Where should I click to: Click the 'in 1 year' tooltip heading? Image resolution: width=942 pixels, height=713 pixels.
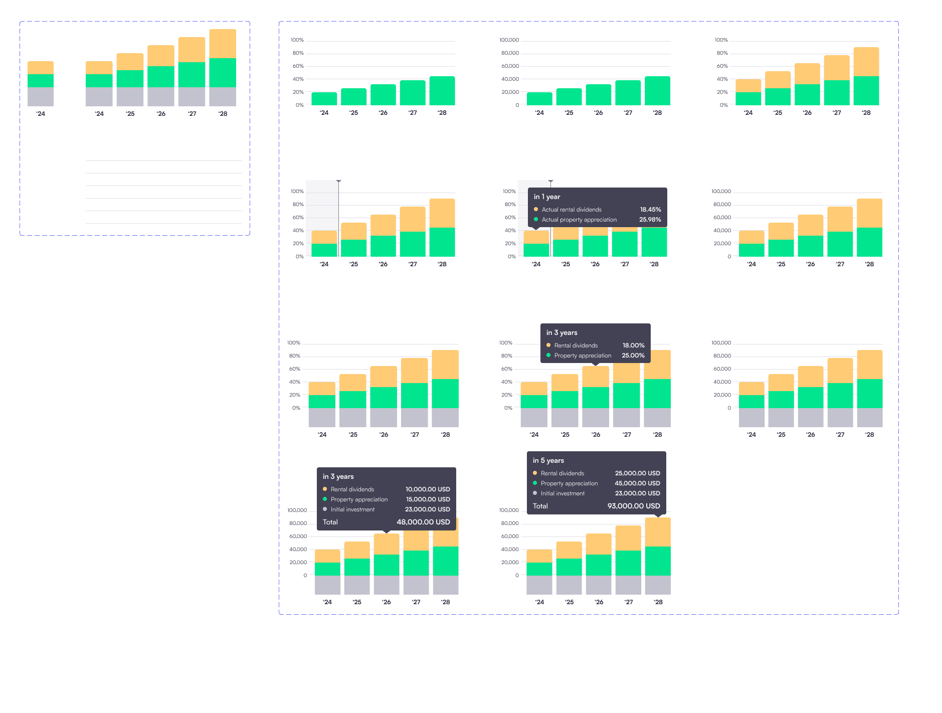547,197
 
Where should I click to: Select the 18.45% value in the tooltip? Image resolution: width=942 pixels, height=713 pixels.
650,210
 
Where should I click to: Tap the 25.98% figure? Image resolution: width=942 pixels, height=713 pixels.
650,220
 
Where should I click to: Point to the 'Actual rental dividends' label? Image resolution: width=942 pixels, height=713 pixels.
572,210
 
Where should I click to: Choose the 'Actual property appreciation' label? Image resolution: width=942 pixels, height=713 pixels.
579,220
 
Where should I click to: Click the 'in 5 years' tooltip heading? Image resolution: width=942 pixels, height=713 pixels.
548,461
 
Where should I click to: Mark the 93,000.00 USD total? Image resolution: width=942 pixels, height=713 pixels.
634,506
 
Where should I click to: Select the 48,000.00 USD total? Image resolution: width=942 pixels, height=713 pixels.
423,522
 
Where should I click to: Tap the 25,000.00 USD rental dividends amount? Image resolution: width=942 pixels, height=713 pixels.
637,473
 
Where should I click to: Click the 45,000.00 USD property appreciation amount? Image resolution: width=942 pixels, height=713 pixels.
637,483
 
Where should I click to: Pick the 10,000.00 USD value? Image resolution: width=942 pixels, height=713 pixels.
428,489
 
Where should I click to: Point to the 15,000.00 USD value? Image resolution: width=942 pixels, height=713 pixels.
428,499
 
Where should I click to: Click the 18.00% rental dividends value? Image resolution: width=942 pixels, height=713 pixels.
634,345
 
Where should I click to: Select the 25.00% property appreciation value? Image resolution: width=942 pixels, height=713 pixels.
633,355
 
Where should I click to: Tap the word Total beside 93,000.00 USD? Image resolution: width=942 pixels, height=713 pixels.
540,506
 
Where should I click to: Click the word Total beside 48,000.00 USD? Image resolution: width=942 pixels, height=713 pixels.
330,522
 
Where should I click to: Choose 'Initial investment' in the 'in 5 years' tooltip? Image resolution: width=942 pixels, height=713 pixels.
562,493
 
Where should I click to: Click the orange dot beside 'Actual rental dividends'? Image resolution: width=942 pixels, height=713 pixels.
536,209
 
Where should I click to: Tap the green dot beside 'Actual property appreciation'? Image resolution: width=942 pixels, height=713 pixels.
536,219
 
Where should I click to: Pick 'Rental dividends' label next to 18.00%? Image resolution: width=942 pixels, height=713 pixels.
576,345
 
